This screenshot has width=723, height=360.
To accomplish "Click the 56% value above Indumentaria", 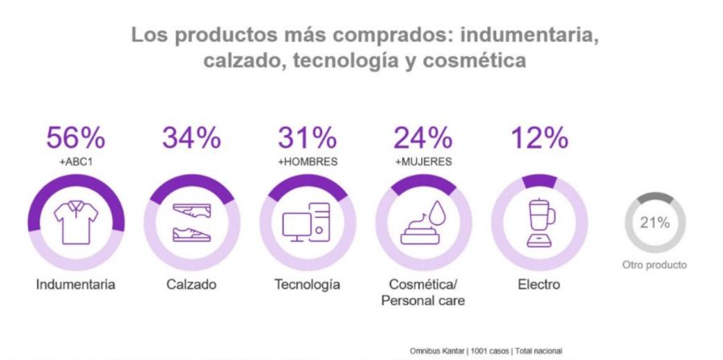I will pos(76,138).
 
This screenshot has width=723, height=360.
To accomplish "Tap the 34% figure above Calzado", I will pos(191,138).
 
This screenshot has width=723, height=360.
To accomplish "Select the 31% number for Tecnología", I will pos(307,138).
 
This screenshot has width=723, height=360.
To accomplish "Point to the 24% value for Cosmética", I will pos(423,138).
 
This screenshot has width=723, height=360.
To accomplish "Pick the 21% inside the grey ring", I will pos(654,223).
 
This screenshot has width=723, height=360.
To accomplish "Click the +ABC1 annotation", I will pos(76,162).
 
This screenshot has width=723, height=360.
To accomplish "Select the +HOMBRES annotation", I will pos(307,162).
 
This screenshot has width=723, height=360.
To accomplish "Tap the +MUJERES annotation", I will pos(423,162).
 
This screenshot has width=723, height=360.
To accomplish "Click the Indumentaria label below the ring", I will pos(76,284).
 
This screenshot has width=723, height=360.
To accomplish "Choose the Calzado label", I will pos(191,284).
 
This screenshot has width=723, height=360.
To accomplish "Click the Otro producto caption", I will pos(654,264).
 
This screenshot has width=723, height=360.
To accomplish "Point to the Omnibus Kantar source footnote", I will pos(486,351).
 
